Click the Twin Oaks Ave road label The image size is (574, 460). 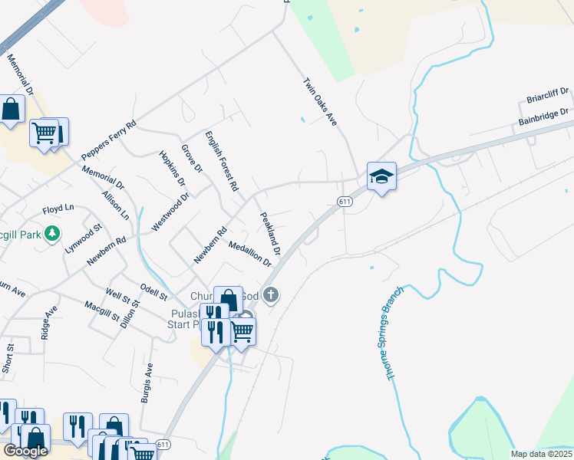point(321,102)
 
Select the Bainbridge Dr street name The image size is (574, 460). point(543,117)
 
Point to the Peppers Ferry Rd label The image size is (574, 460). point(110,140)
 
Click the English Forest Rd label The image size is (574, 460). point(223,161)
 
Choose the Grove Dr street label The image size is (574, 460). point(192,159)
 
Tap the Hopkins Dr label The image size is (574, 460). point(172,169)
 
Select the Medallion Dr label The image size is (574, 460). point(250,253)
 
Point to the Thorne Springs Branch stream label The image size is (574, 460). point(390,333)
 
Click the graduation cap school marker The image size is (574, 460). point(381,177)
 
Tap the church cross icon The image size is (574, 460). point(270,294)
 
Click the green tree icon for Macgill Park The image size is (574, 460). point(52,232)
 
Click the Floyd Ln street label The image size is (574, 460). point(58,209)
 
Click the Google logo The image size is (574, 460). point(25,452)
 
